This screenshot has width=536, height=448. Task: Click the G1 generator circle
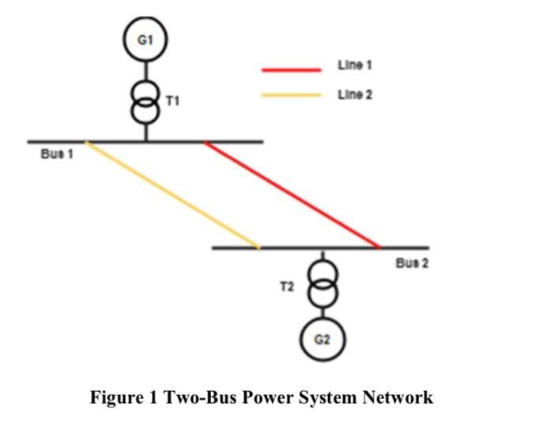pyautogui.click(x=145, y=40)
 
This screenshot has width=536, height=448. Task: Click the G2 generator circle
pyautogui.click(x=322, y=340)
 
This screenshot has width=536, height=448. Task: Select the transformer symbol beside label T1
pyautogui.click(x=145, y=102)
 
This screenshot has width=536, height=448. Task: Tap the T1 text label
pyautogui.click(x=172, y=101)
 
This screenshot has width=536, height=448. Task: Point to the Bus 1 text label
pyautogui.click(x=57, y=154)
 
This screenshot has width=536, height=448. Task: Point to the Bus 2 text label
pyautogui.click(x=412, y=263)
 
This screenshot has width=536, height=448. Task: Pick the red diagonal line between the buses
pyautogui.click(x=293, y=195)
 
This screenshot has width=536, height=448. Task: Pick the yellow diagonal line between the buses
pyautogui.click(x=172, y=195)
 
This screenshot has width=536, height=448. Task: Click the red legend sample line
pyautogui.click(x=291, y=70)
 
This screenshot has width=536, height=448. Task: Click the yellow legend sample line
pyautogui.click(x=291, y=96)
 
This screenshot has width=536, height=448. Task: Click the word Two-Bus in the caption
pyautogui.click(x=198, y=397)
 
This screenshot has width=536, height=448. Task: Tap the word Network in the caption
pyautogui.click(x=397, y=397)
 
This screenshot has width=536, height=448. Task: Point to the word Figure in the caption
pyautogui.click(x=115, y=397)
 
